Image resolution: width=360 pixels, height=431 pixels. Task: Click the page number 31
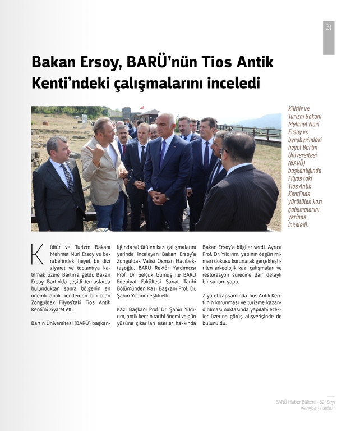[328, 26]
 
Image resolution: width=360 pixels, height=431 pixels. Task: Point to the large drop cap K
[37, 254]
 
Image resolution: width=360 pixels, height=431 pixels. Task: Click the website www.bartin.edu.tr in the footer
[317, 408]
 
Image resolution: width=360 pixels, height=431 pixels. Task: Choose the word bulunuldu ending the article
[215, 323]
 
